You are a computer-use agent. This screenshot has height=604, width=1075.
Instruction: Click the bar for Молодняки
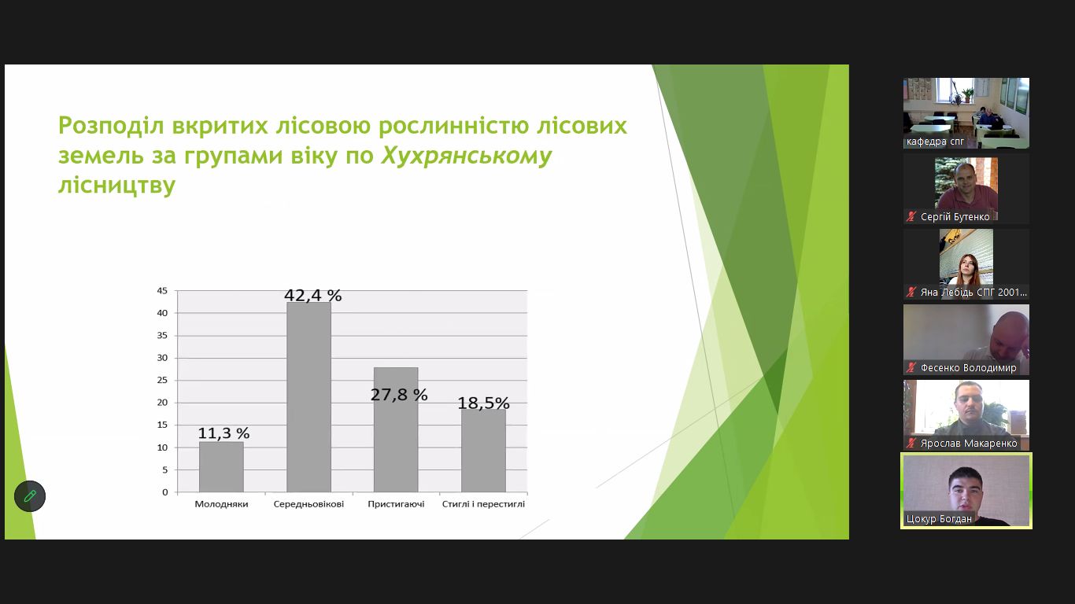coord(221,466)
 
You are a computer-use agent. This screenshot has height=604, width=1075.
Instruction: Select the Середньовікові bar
coord(308,396)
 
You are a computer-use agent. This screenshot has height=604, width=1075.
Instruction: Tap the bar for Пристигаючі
coord(396,429)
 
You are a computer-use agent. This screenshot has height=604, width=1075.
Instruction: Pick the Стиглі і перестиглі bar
coord(483,451)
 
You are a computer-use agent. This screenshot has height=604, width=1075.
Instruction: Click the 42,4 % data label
coord(313,295)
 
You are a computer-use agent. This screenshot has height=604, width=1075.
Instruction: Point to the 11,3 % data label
coord(223,433)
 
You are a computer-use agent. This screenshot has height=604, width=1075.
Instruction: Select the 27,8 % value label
coord(399,395)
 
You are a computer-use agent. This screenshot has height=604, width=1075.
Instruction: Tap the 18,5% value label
coord(483,403)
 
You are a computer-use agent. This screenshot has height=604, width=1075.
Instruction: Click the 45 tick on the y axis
coord(162,291)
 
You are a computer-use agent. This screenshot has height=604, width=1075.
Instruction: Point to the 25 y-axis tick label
coord(162,380)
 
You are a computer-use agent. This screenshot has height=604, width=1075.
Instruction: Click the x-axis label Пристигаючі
coord(396,504)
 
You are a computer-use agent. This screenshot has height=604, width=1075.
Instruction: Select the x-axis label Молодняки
coord(221,504)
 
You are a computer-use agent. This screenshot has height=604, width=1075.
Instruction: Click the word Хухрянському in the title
coord(467,156)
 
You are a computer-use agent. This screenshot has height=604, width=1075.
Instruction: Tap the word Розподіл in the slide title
coord(111,126)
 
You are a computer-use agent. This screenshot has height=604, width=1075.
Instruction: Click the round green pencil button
coord(30,496)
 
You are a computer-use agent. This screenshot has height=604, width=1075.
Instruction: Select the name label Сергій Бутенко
coord(955,217)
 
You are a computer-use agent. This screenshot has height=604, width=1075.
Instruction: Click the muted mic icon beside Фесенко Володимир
coord(911,367)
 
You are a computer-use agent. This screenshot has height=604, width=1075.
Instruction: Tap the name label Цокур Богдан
coord(939,518)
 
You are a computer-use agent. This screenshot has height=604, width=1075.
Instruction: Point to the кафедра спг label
coord(935,142)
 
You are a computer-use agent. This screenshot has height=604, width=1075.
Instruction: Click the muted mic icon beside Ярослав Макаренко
coord(911,443)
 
